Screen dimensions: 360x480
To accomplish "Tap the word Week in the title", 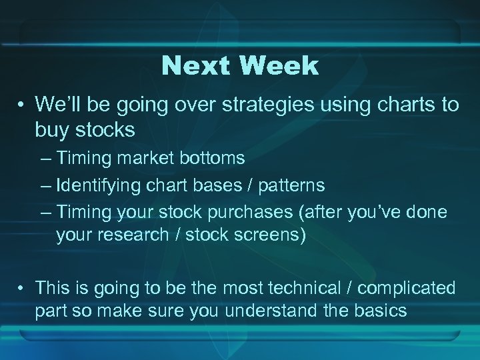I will pos(278,66).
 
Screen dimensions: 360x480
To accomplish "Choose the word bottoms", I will pos(210,159).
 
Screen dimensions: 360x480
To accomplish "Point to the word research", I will pos(134,235).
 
